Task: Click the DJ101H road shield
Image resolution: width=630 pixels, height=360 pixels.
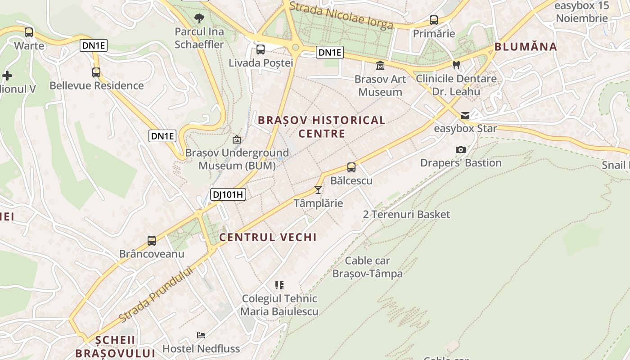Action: click(x=228, y=194)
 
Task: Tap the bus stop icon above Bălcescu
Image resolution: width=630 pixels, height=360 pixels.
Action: click(x=351, y=167)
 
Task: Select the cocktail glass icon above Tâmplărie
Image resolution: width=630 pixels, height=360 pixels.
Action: click(x=318, y=190)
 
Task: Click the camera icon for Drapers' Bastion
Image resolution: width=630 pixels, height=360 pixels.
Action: click(x=460, y=149)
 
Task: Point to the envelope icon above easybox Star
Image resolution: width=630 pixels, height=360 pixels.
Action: click(x=465, y=116)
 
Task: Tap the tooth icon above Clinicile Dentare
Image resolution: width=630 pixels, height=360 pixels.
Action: click(x=456, y=65)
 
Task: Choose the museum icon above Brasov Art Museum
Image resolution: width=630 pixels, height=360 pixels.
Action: click(x=380, y=66)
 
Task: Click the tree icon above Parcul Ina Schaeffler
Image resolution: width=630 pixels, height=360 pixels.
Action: click(x=199, y=18)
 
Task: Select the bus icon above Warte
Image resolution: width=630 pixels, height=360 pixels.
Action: click(x=29, y=32)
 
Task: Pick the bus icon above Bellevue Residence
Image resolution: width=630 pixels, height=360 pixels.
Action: click(x=96, y=72)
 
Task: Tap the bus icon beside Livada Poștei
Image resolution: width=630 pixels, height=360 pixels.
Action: click(x=261, y=49)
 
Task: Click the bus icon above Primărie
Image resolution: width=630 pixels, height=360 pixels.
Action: click(x=434, y=20)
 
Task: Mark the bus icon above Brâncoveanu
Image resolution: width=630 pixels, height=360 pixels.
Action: click(x=152, y=241)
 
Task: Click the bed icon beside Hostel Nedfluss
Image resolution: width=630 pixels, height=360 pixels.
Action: click(x=201, y=335)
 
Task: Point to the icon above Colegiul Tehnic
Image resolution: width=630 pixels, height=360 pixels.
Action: click(x=279, y=285)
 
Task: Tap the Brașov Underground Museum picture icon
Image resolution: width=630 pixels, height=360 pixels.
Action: click(x=236, y=140)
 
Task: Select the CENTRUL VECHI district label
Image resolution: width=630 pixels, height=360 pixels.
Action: click(x=268, y=237)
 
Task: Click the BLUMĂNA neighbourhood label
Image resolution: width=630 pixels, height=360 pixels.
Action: click(x=526, y=47)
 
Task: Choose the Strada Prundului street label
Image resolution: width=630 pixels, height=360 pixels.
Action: click(x=156, y=294)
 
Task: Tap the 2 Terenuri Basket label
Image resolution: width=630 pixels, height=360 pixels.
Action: click(x=406, y=214)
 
